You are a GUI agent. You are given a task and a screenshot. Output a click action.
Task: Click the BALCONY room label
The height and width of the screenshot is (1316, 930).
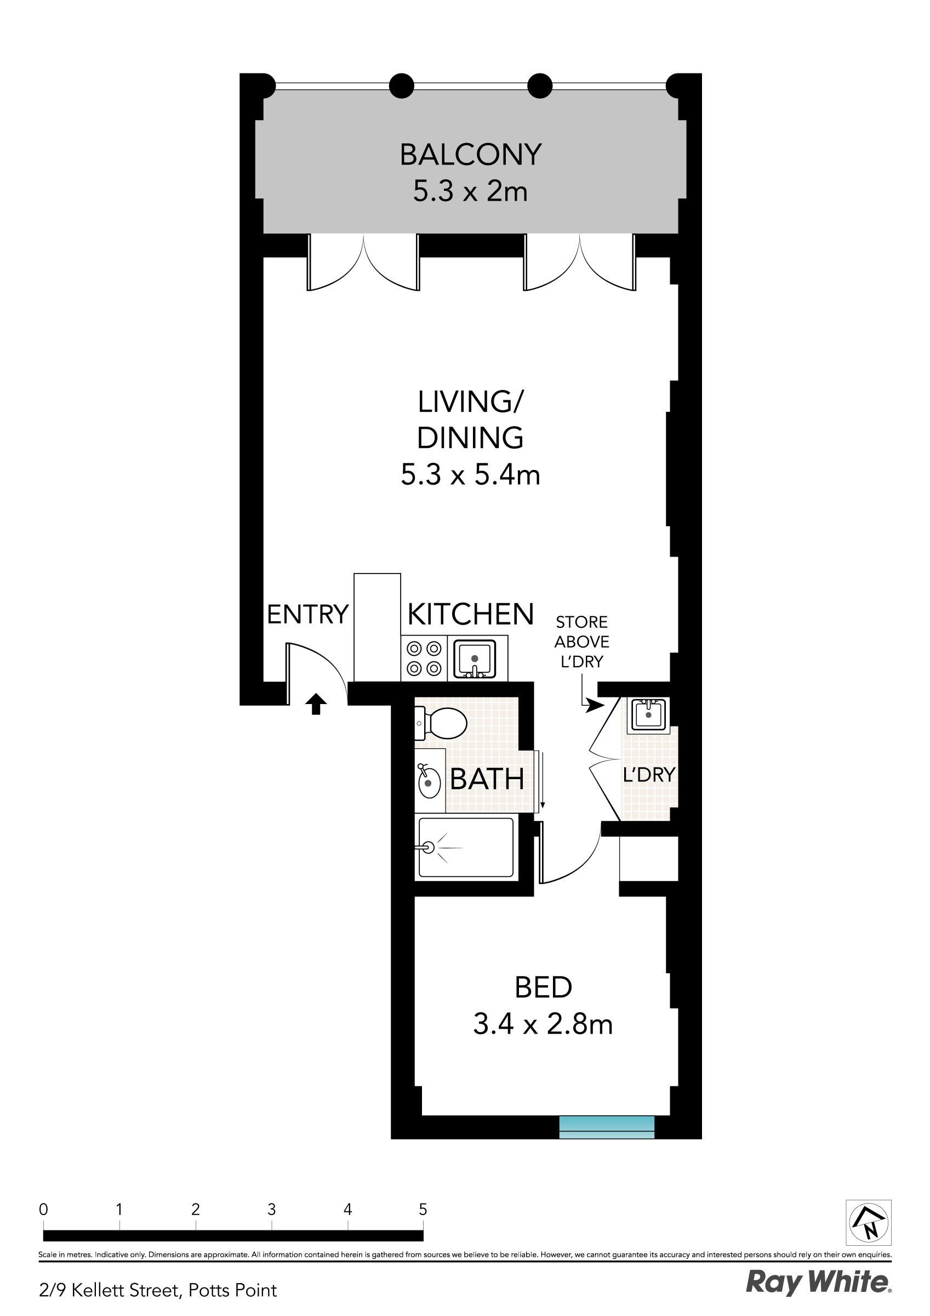[x=470, y=155]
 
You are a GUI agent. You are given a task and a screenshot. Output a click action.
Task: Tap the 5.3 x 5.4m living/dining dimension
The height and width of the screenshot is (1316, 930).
[x=470, y=475]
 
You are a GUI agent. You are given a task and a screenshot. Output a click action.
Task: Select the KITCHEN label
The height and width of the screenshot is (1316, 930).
[x=470, y=615]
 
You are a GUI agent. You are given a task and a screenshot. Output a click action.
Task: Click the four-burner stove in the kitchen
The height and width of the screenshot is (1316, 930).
[x=424, y=658]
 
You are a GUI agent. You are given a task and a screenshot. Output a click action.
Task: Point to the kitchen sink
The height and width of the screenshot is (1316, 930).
[x=475, y=659]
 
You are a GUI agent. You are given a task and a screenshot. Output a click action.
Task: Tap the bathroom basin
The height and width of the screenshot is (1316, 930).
[x=429, y=780]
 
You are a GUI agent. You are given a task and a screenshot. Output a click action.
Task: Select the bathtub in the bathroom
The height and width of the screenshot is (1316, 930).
[x=466, y=847]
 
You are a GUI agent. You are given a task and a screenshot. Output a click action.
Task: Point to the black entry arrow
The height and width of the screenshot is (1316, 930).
[x=315, y=704]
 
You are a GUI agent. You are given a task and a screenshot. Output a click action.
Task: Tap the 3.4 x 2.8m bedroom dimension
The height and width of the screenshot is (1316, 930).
[x=543, y=1024]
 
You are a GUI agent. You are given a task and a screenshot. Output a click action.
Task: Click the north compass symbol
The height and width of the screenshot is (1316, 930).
[x=868, y=1222]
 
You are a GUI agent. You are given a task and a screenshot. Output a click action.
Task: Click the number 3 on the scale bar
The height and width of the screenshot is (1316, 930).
[x=272, y=1210]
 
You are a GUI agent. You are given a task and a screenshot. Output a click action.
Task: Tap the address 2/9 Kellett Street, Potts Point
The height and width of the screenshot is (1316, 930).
[x=158, y=1290]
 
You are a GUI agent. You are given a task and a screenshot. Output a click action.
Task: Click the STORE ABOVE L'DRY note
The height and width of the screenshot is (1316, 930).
[x=581, y=642]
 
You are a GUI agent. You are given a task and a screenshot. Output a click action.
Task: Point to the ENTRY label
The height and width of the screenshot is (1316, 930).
[x=307, y=615]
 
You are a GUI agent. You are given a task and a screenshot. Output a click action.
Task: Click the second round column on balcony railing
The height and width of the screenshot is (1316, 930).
[x=402, y=86]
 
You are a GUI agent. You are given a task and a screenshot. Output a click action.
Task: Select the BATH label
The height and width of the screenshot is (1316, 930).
[x=487, y=779]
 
